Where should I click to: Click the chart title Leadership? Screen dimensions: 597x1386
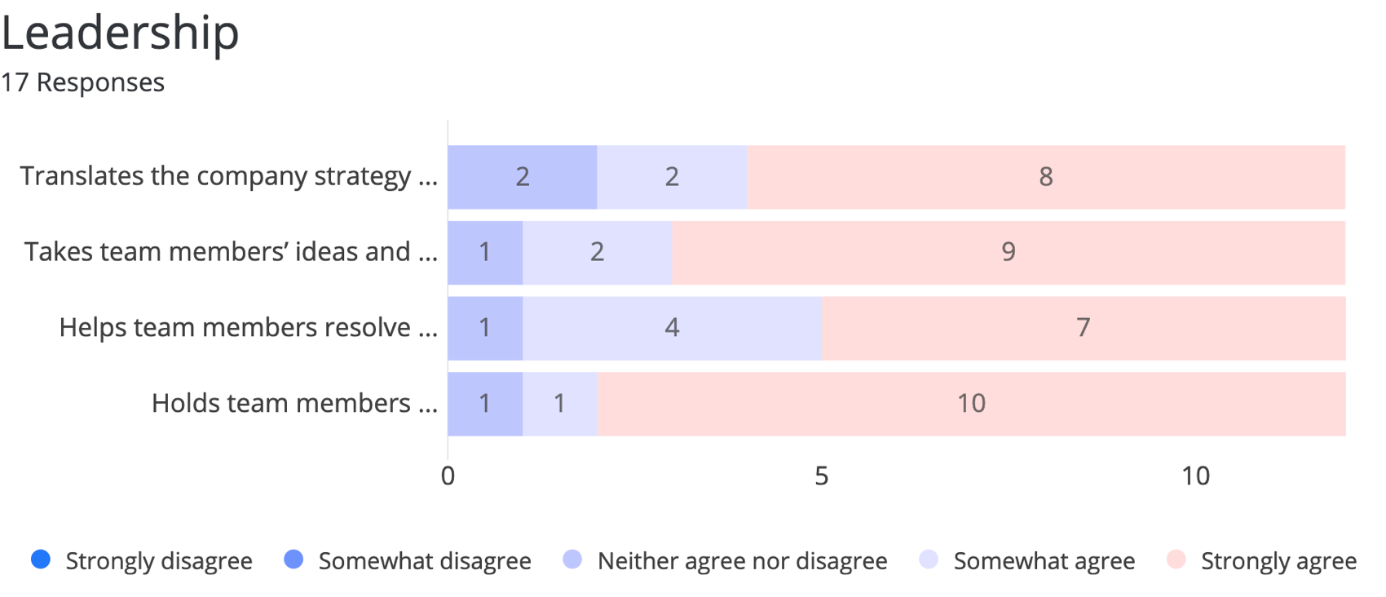pyautogui.click(x=120, y=33)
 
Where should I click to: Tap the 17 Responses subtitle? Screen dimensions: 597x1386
pyautogui.click(x=82, y=82)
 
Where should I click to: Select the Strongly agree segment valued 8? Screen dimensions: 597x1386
pyautogui.click(x=1045, y=177)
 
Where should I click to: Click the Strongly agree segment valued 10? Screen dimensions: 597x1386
pyautogui.click(x=971, y=404)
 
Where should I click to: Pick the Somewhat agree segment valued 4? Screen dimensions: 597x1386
pyautogui.click(x=672, y=328)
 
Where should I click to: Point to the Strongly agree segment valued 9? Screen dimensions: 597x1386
pyautogui.click(x=1008, y=252)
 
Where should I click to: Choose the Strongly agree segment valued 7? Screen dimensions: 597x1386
pyautogui.click(x=1083, y=328)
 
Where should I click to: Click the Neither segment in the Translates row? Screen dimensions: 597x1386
pyautogui.click(x=522, y=177)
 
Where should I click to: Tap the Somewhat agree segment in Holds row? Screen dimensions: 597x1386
pyautogui.click(x=559, y=404)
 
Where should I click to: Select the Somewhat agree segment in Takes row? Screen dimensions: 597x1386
pyautogui.click(x=597, y=252)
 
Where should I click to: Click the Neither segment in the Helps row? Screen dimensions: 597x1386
pyautogui.click(x=485, y=328)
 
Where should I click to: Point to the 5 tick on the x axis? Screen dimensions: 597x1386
pyautogui.click(x=821, y=476)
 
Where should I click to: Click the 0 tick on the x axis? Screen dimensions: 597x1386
pyautogui.click(x=448, y=476)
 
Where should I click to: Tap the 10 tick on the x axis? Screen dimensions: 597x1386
pyautogui.click(x=1195, y=476)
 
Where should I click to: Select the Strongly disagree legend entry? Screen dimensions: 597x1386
pyautogui.click(x=142, y=561)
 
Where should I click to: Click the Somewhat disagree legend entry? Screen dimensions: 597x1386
pyautogui.click(x=408, y=561)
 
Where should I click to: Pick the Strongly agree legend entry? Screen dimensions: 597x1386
pyautogui.click(x=1262, y=561)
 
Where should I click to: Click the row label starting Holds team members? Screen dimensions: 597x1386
pyautogui.click(x=294, y=404)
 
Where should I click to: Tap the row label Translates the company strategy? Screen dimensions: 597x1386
pyautogui.click(x=228, y=177)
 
